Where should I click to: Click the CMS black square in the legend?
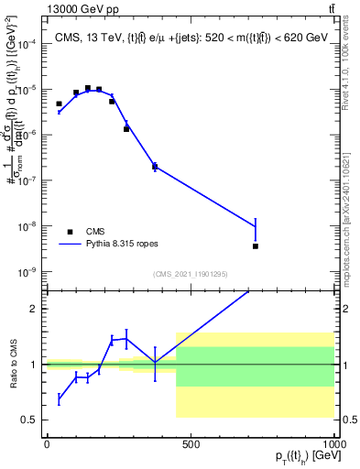coord(70,232)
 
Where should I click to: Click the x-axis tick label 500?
coord(191,445)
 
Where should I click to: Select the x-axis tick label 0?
coord(47,445)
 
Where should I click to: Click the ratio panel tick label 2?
coord(33,309)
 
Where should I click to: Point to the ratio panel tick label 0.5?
coord(29,420)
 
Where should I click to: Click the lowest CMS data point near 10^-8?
coord(256,245)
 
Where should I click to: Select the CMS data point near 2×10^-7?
coord(155,166)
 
